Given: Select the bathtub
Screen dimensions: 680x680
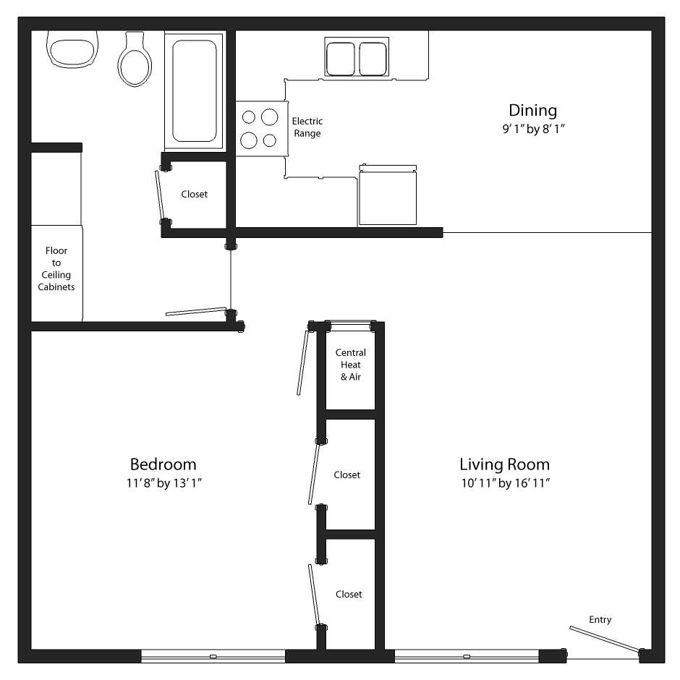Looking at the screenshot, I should coord(195,90).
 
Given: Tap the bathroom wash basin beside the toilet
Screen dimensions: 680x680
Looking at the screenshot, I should coord(71,49).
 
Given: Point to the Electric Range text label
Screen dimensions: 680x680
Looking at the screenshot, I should coord(307,127).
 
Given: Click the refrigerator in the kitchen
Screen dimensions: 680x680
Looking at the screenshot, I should coord(388,195).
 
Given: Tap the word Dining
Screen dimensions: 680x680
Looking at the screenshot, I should coord(532,111).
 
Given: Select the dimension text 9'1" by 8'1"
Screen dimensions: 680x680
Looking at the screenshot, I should coord(532,129).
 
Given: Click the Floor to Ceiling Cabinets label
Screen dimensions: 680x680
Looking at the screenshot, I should coord(56,269).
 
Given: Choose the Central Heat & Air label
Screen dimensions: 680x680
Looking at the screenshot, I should coord(351,365).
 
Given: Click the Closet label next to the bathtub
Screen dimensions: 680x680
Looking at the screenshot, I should coord(194,194).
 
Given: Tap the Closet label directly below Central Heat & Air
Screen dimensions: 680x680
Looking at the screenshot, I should coord(347,475).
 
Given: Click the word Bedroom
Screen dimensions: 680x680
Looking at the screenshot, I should coord(163,464).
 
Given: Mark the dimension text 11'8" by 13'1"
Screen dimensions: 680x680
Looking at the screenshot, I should coord(163,483).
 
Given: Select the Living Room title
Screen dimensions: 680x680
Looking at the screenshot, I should coord(504,464).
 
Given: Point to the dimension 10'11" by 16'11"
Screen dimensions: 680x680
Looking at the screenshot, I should coord(506,483).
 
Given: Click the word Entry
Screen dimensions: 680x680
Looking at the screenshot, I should coord(600,619).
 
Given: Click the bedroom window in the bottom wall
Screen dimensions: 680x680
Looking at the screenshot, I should coord(213,656).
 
